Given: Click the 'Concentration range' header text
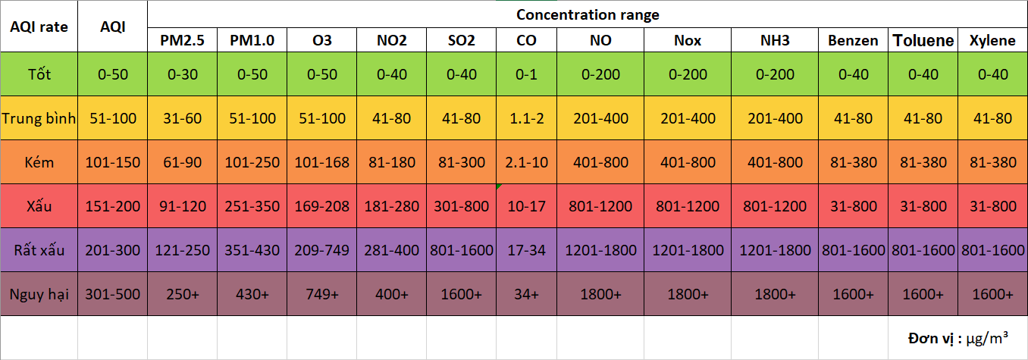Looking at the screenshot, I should click(588, 14).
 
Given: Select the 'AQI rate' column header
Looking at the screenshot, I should click(39, 27).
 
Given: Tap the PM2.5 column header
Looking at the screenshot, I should click(182, 41).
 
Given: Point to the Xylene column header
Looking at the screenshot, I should click(992, 41).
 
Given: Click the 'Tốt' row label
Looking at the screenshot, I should click(39, 74).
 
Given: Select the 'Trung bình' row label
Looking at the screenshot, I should click(39, 118).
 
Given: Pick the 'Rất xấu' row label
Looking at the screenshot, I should click(39, 250).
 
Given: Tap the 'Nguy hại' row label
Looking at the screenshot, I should click(39, 294).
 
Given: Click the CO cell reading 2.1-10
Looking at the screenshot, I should click(526, 162).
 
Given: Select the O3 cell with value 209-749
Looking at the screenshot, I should click(322, 250).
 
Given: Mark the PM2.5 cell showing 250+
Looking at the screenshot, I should click(182, 294).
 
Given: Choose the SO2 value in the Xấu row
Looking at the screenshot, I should click(462, 206).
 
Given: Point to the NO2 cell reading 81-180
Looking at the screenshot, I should click(392, 162).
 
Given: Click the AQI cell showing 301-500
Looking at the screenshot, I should click(112, 294).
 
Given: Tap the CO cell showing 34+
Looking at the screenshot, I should click(526, 294).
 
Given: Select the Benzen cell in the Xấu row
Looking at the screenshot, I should click(853, 206).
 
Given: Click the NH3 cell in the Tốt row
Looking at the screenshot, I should click(775, 74).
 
